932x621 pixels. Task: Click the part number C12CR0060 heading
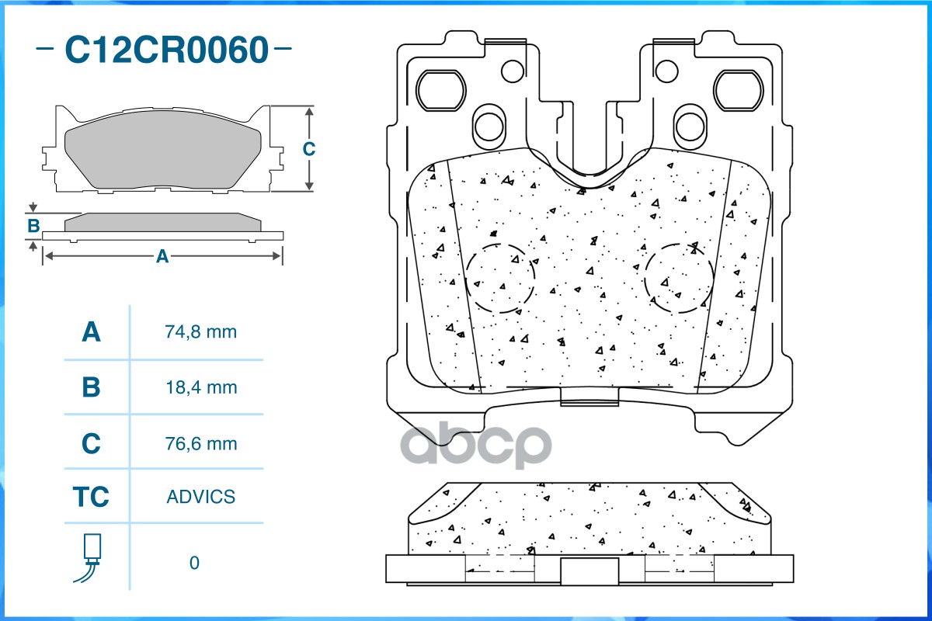(x=165, y=50)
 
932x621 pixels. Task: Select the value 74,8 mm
(x=200, y=332)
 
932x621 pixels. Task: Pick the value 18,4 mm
(x=200, y=387)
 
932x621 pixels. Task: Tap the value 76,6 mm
(x=200, y=444)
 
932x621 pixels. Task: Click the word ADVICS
(x=200, y=497)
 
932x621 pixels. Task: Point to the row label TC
(x=91, y=497)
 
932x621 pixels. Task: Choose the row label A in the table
(x=91, y=332)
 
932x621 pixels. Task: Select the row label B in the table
(x=91, y=387)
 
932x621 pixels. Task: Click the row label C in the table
(x=91, y=444)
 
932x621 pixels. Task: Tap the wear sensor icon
(x=91, y=557)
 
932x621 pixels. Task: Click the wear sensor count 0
(x=194, y=563)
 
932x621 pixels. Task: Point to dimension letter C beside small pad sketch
(x=308, y=149)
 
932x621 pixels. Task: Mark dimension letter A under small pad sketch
(x=162, y=256)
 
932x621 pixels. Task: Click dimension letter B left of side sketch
(x=33, y=227)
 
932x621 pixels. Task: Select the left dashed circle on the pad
(x=501, y=277)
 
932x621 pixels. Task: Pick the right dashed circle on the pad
(x=679, y=277)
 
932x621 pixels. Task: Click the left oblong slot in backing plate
(x=440, y=92)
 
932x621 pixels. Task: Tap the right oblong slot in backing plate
(x=740, y=92)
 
